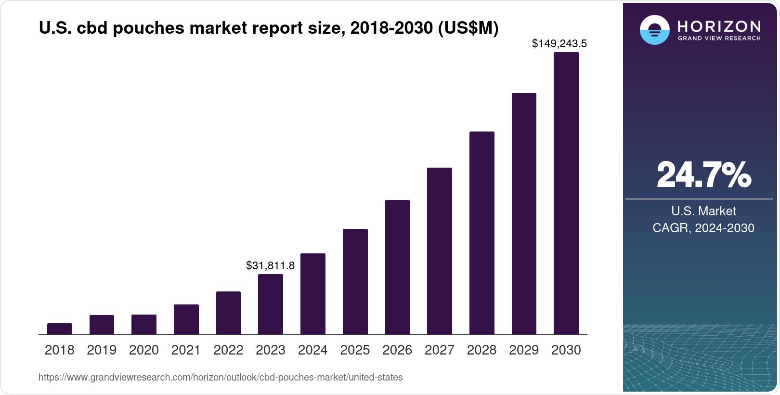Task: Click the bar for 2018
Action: (60, 329)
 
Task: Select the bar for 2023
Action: (271, 304)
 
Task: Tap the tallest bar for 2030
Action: (566, 193)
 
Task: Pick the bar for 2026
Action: (397, 267)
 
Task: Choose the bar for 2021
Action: (186, 319)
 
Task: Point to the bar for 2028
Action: (482, 233)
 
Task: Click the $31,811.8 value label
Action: (270, 265)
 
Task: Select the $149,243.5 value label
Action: (559, 44)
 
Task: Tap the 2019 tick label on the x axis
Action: (102, 350)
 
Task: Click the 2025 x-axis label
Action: (355, 350)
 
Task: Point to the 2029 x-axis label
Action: (524, 350)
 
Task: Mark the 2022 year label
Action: (228, 350)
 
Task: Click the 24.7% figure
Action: (703, 175)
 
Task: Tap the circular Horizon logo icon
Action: (654, 30)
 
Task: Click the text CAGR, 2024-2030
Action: (703, 228)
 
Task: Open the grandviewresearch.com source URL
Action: (221, 378)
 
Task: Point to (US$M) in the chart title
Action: (468, 28)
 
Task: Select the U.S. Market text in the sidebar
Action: (703, 211)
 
